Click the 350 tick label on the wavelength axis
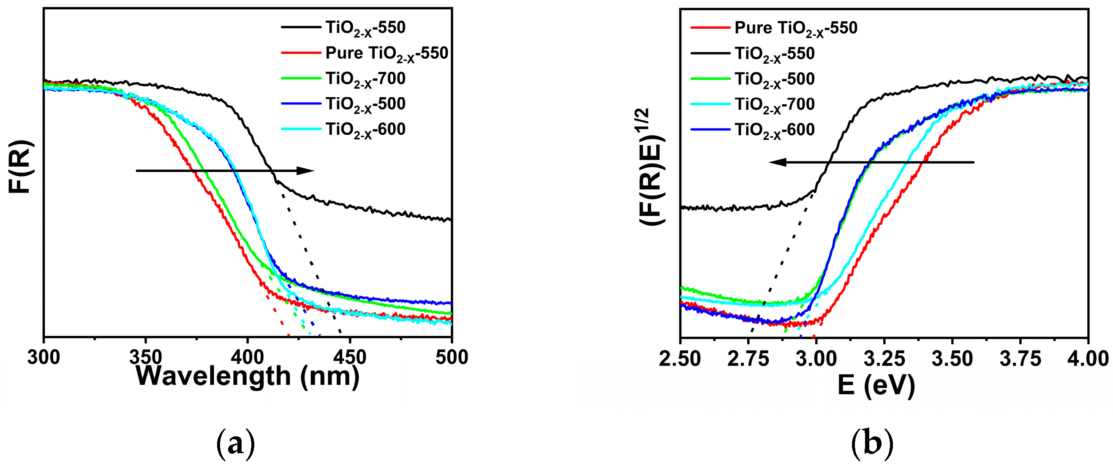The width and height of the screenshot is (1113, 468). [146, 357]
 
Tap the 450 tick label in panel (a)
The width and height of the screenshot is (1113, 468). [350, 357]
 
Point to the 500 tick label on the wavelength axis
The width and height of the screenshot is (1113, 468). [452, 357]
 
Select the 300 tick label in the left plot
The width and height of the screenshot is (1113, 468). [44, 357]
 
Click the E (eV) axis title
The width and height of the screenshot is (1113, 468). [876, 386]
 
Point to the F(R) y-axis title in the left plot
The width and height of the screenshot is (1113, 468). [20, 166]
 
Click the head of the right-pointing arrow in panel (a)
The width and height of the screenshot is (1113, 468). [314, 171]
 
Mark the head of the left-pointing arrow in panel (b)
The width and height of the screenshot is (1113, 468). [769, 163]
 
